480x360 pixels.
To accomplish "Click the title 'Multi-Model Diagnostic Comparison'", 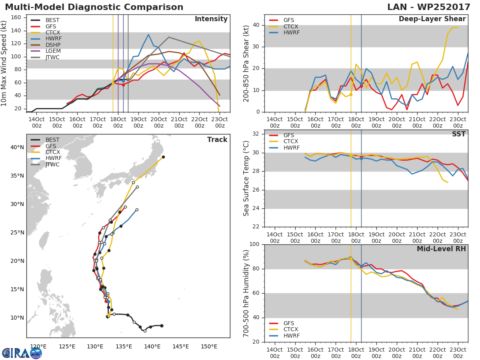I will tap(94, 8).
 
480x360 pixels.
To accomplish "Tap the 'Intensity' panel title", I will tap(211, 19).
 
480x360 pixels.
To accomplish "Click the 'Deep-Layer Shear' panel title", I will tap(432, 19).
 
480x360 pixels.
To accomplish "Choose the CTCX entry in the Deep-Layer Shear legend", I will tap(290, 26).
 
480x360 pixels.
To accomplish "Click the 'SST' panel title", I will tap(459, 134).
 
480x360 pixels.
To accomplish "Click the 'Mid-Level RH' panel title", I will tap(441, 249).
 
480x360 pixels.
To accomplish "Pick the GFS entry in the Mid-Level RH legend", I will tap(288, 323).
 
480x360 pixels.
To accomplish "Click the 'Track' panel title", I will tap(217, 140).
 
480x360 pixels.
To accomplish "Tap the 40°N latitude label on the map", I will tap(17, 147).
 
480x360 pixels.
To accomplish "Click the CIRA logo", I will tap(22, 353).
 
